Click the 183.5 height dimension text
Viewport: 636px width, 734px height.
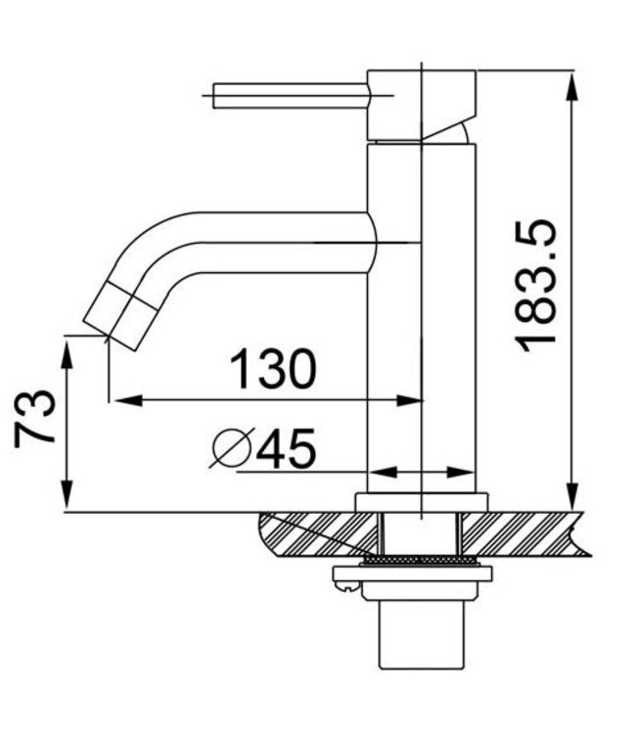pos(538,286)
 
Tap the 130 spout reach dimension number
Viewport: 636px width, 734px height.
pos(273,370)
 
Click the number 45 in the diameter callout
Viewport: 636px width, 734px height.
pos(286,449)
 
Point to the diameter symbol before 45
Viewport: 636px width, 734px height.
pos(233,449)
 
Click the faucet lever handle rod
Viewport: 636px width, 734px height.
pos(289,96)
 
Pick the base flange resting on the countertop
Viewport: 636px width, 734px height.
pos(420,502)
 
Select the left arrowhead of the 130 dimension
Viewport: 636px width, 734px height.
pos(119,399)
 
